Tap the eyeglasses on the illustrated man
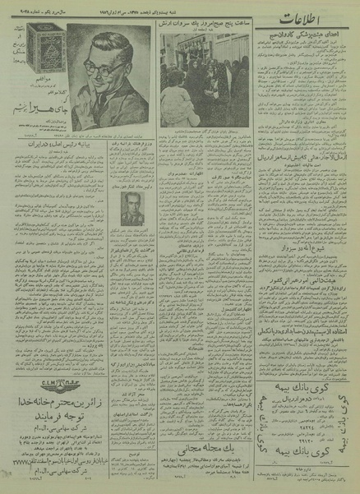(113, 72)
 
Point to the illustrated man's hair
(107, 49)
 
